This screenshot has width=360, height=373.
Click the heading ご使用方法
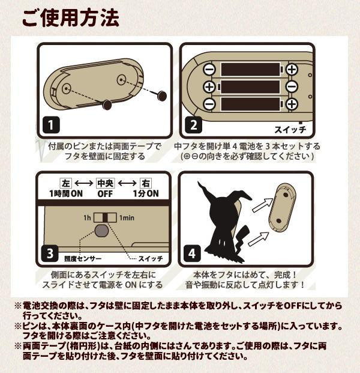pos(71,18)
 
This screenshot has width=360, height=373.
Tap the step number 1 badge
pos(51,125)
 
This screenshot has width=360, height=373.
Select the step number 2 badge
pos(194,125)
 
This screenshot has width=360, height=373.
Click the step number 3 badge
pos(50,253)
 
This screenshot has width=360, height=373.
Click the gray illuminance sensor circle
pos(101,231)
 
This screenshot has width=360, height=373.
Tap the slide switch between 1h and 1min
pos(105,217)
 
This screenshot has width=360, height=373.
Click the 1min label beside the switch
pos(127,217)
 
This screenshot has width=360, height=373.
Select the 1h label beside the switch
pos(87,217)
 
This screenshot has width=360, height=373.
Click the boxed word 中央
pos(105,183)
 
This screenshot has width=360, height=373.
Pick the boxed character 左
pos(65,183)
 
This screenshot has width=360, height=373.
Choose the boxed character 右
pos(145,183)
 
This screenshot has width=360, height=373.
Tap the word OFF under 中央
pos(105,193)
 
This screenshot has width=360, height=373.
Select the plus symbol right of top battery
pos(292,69)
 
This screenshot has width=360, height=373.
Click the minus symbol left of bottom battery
pos(209,104)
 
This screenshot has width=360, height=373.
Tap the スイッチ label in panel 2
pos(290,130)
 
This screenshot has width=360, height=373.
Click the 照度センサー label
pos(83,259)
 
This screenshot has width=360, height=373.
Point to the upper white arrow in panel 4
pos(262,205)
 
